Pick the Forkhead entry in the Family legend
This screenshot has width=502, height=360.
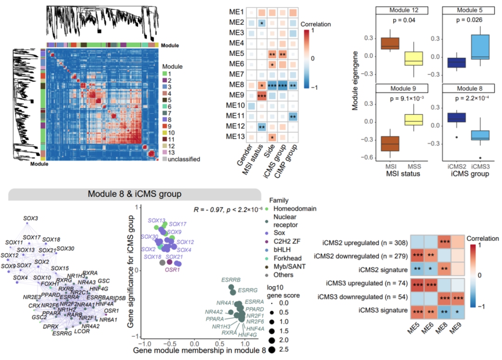(301, 258)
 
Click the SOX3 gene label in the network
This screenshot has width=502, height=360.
(31, 219)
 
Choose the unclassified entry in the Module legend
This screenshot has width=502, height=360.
(183, 160)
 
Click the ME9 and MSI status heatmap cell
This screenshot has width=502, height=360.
(262, 96)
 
